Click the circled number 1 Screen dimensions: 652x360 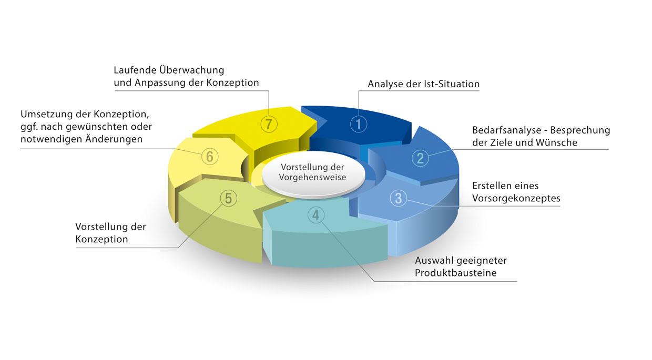(358, 124)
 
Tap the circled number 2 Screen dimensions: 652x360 (420, 158)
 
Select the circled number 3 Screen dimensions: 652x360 (398, 198)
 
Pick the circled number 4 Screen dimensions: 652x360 (316, 215)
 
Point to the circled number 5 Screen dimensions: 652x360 (229, 199)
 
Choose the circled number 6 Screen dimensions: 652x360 (210, 157)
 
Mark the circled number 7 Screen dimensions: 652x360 (269, 124)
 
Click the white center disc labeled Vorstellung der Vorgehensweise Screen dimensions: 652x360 (313, 174)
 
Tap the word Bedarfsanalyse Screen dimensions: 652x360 (507, 130)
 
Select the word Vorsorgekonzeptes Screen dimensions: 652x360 (516, 198)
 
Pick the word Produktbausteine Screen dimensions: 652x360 (456, 273)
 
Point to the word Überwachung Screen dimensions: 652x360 (191, 70)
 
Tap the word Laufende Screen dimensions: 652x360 (135, 70)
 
